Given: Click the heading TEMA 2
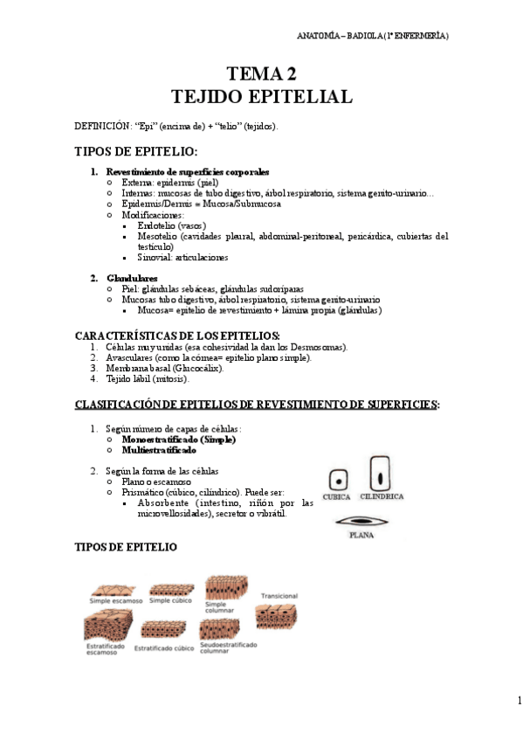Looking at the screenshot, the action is click(261, 73).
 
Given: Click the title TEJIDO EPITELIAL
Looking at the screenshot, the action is click(261, 96).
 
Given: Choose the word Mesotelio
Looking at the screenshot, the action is click(160, 236).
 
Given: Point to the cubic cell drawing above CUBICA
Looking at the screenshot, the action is click(337, 480).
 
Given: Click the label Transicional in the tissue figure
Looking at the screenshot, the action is click(279, 596).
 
